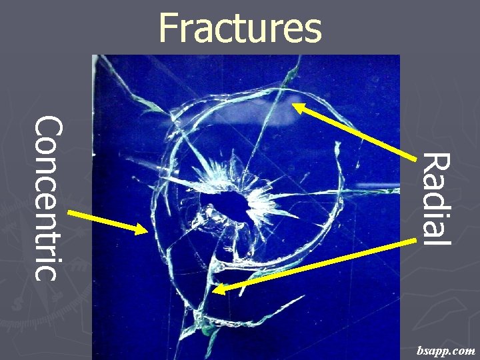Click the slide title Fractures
click(240, 28)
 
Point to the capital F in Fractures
click(168, 28)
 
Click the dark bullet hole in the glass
click(230, 203)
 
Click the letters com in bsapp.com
click(463, 350)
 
